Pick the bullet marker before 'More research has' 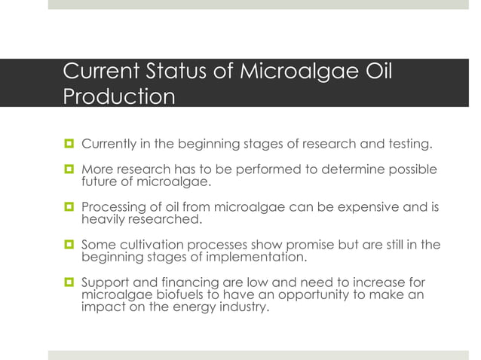[x=69, y=170]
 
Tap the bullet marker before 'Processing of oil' [x=69, y=207]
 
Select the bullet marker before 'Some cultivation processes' [x=69, y=244]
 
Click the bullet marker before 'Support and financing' [x=69, y=281]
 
